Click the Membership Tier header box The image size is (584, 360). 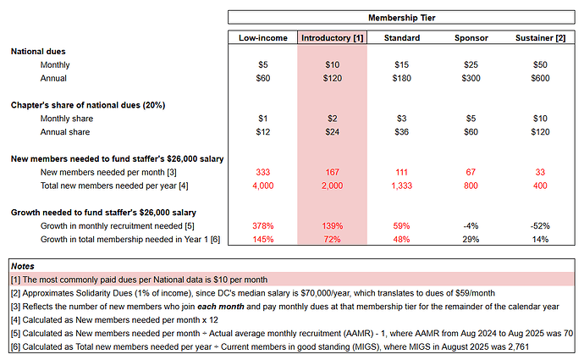[x=402, y=17]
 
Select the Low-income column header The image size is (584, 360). [x=262, y=38]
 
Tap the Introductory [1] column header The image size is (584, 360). [x=332, y=38]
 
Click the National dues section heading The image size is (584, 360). [x=38, y=52]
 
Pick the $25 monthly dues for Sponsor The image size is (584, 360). [x=471, y=64]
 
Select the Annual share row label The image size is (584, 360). [x=65, y=132]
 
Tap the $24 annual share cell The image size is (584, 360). [x=332, y=132]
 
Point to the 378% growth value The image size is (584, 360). [x=262, y=227]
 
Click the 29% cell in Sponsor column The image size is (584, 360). [x=471, y=241]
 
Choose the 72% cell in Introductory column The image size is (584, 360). [x=332, y=241]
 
